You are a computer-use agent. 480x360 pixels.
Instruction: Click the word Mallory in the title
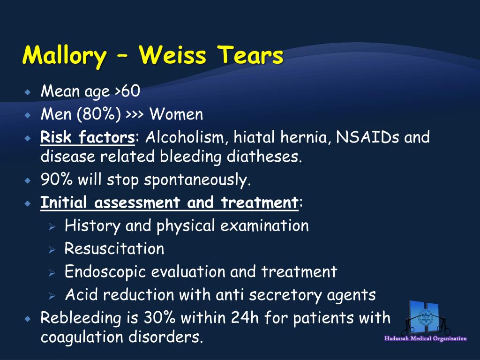(64, 56)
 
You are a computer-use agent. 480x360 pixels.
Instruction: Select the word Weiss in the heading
(173, 56)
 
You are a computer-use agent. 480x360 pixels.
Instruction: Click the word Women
(177, 114)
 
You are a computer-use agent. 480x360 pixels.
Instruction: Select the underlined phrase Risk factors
(88, 138)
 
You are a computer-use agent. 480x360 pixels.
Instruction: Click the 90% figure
(54, 180)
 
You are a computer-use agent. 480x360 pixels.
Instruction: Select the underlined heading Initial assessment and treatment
(169, 203)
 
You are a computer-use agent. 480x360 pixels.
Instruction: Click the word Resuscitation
(114, 248)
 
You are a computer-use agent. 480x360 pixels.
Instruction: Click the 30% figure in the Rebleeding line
(159, 318)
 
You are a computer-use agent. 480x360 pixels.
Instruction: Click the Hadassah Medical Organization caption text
(426, 338)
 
